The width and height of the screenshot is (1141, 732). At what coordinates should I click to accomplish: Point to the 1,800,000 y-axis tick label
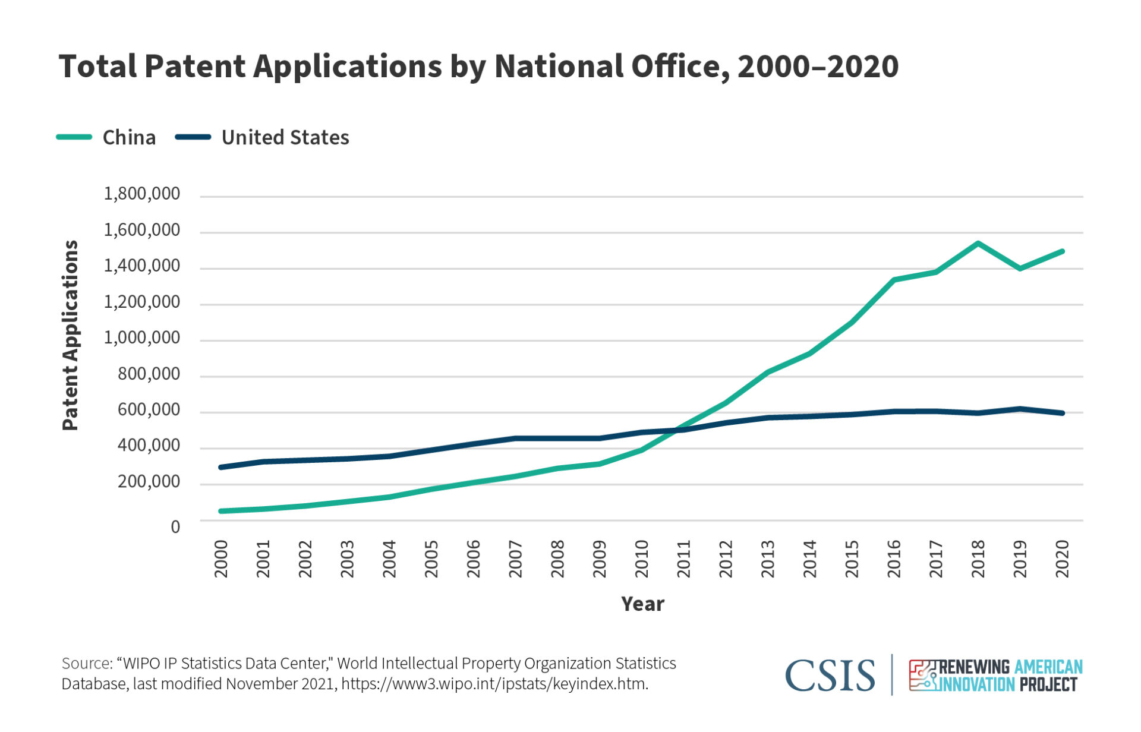tap(141, 194)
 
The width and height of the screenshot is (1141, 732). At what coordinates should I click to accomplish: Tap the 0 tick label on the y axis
tap(175, 526)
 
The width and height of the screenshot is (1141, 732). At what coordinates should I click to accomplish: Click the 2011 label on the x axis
tap(683, 559)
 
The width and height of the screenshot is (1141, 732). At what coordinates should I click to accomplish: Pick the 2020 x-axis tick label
tap(1062, 559)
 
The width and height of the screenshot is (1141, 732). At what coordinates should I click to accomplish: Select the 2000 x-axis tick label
tap(221, 559)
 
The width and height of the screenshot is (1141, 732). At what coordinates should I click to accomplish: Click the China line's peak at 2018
tap(978, 243)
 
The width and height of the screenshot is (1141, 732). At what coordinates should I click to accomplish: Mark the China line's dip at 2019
tap(1020, 269)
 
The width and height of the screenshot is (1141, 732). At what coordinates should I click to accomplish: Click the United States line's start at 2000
tap(221, 467)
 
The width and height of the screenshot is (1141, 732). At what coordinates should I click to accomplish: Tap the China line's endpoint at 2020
tap(1062, 251)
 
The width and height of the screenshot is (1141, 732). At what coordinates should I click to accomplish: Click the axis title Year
tap(642, 604)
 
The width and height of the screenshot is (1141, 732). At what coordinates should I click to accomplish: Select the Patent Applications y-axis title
tap(70, 335)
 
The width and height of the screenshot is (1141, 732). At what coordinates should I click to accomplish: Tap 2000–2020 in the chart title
tap(818, 66)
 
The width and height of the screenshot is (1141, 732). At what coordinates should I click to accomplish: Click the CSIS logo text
tap(830, 676)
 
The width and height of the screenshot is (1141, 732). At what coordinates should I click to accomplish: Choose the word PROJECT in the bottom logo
tap(1048, 684)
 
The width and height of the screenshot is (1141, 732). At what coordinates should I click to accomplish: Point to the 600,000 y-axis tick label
tap(149, 409)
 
